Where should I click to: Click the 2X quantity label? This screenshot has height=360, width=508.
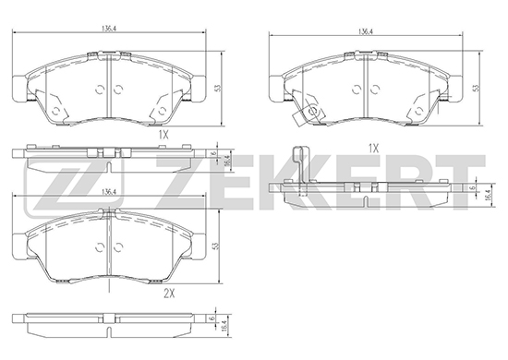(x=169, y=294)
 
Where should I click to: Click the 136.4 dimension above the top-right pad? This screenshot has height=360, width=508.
(x=366, y=31)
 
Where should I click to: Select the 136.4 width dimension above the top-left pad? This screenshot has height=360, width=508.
(x=109, y=29)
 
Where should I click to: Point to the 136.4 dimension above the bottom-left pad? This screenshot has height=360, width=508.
(x=109, y=192)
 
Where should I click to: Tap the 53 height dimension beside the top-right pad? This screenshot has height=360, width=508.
(x=476, y=88)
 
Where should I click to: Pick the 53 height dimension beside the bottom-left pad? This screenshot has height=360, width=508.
(x=215, y=246)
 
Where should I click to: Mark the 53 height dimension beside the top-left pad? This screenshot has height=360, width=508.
(x=218, y=88)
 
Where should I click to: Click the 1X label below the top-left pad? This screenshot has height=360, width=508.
(x=163, y=135)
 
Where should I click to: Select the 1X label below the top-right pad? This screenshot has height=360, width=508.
(x=373, y=149)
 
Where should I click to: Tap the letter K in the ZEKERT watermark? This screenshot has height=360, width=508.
(x=275, y=182)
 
